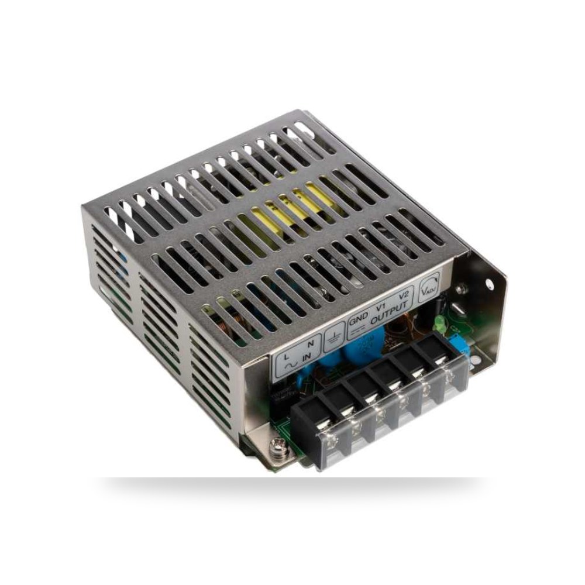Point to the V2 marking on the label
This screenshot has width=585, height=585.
click(x=404, y=294)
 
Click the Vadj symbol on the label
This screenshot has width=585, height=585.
click(x=429, y=285)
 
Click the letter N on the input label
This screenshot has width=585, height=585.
click(x=309, y=344)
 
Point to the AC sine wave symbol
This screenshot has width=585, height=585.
click(x=291, y=366)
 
